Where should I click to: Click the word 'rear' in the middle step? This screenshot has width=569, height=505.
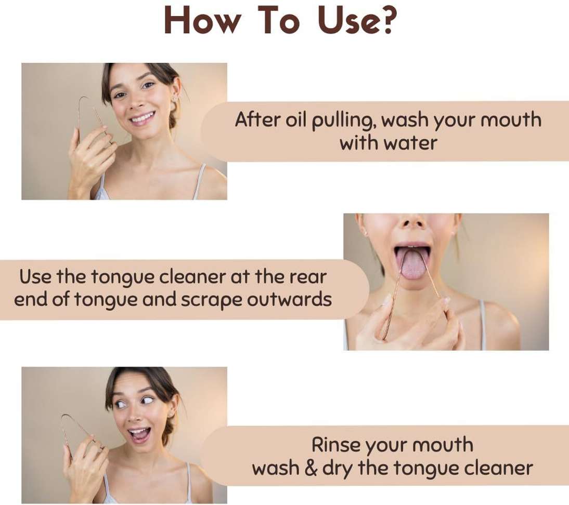[308, 277]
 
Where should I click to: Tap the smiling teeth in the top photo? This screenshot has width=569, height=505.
[143, 118]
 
